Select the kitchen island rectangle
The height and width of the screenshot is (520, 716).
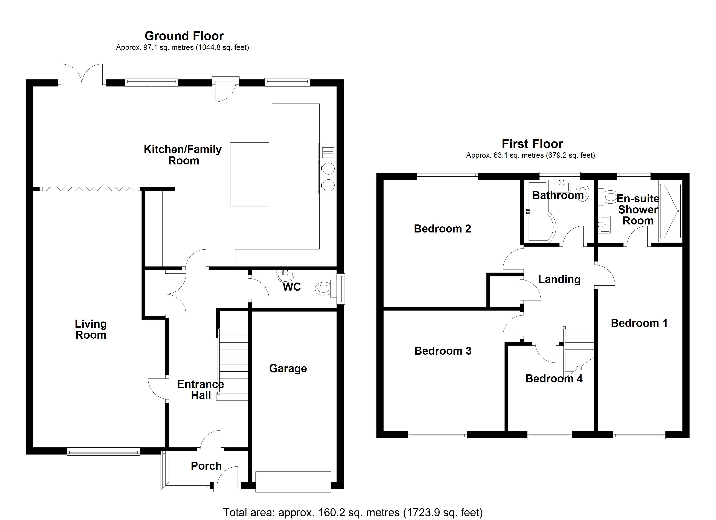pyautogui.click(x=249, y=174)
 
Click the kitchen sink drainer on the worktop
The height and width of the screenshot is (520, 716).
pyautogui.click(x=328, y=153)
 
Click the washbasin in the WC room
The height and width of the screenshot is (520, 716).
pyautogui.click(x=285, y=276)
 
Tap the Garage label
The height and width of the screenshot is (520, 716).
pyautogui.click(x=288, y=368)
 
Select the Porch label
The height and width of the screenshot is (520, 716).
pyautogui.click(x=206, y=466)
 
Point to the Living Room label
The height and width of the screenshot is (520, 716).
pyautogui.click(x=91, y=329)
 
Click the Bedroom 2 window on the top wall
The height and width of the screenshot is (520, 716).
pyautogui.click(x=447, y=176)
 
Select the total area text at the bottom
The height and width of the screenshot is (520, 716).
pyautogui.click(x=353, y=512)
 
